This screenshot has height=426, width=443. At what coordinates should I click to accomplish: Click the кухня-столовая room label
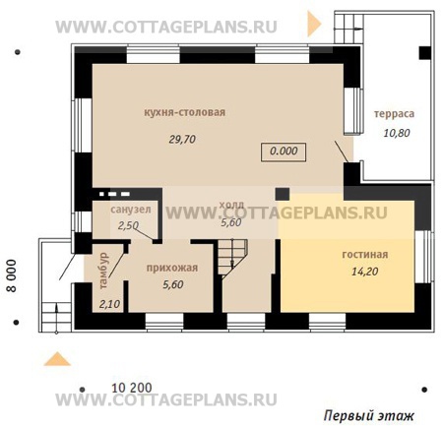point(185,112)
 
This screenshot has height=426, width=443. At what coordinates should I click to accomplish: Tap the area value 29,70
point(182,140)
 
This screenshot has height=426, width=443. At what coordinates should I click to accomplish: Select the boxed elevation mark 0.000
point(284,152)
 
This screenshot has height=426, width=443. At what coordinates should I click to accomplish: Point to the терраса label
point(394,114)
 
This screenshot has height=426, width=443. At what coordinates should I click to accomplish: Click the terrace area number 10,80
point(397,133)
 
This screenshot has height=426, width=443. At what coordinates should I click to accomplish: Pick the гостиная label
point(365,255)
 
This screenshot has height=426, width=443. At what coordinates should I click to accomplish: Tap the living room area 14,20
point(365,272)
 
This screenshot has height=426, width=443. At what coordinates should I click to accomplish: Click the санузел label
point(131,210)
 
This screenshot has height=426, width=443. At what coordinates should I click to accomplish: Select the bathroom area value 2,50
point(128,225)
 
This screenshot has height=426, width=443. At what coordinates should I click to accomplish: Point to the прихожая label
point(172,268)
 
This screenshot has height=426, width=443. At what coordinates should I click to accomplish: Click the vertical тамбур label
point(103,271)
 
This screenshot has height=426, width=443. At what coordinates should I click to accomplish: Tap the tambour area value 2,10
point(109,304)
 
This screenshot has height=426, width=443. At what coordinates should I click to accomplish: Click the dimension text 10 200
point(132,388)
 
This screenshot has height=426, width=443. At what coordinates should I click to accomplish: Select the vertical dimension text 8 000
point(11,275)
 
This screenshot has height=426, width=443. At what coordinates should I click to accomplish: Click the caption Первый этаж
point(369,416)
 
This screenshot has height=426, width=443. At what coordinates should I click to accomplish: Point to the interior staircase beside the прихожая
point(231,259)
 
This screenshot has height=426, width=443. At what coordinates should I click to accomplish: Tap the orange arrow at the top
point(314,24)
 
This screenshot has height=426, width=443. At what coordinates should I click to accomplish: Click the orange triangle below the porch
point(57,359)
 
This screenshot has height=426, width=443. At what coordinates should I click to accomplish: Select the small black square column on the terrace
point(424,53)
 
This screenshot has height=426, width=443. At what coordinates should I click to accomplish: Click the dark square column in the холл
point(282,194)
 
